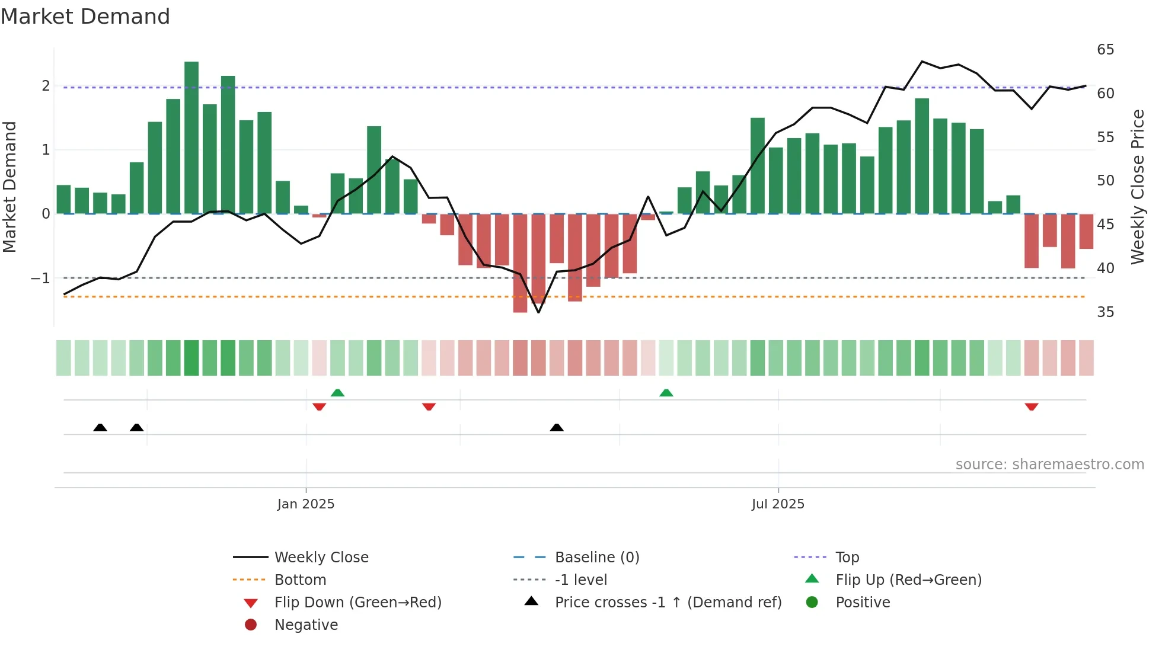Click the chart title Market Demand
(85, 17)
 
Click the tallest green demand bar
(191, 137)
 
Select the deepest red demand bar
(520, 263)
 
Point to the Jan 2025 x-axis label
(306, 504)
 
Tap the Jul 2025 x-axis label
(778, 504)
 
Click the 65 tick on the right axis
(1105, 50)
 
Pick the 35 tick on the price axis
(1105, 312)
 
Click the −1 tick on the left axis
(40, 278)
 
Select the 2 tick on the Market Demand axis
(46, 86)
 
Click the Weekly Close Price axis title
(1137, 187)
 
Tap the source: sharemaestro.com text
(1049, 465)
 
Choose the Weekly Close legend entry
(321, 558)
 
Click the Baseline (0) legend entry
(596, 558)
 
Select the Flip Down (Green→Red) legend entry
(357, 603)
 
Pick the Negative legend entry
(306, 625)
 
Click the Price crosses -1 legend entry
(668, 603)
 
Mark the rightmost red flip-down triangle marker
(1032, 406)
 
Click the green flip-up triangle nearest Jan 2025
(337, 393)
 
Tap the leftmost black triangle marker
(100, 427)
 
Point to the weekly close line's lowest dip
(538, 312)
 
